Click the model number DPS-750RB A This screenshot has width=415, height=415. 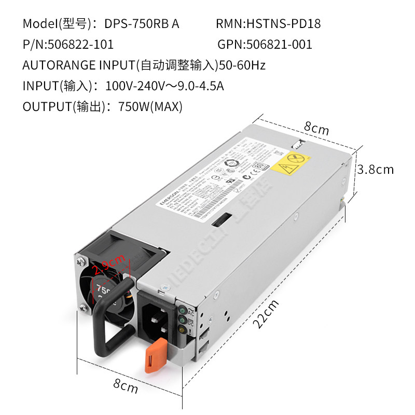coord(142,24)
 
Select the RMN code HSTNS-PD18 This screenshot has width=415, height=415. coord(283,24)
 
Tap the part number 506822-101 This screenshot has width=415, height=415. coord(80,45)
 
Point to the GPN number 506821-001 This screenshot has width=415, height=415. coord(280,45)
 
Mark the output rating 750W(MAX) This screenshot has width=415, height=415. coord(150,107)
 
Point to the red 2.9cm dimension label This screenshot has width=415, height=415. coord(108,268)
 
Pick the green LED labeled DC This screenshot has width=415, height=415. coord(182,320)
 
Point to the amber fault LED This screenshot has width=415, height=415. coord(182,329)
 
